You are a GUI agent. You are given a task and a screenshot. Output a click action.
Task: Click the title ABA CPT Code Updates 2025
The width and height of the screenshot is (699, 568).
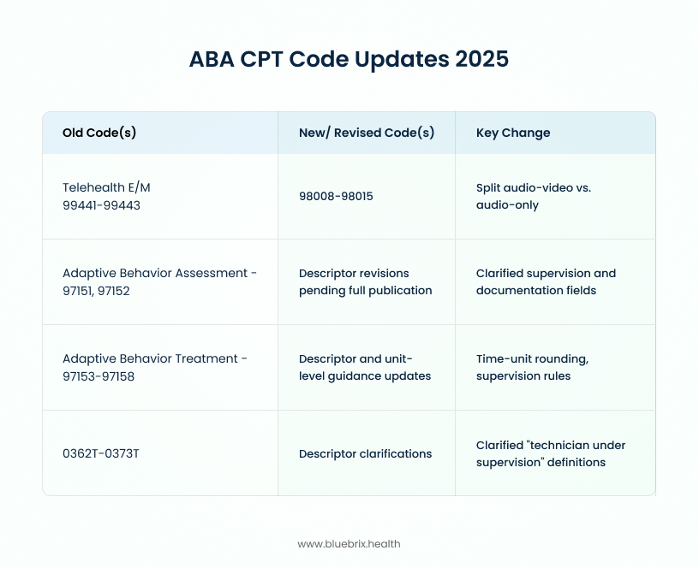coord(349,59)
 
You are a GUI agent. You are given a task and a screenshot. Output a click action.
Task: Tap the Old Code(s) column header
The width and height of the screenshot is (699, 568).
coord(99,133)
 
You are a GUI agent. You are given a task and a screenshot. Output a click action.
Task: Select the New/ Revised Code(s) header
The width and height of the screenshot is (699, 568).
coord(367,133)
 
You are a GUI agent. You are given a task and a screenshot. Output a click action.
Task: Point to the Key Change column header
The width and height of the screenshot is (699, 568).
coord(513,133)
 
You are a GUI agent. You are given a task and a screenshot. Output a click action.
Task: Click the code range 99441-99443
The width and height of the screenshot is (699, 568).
coord(101,205)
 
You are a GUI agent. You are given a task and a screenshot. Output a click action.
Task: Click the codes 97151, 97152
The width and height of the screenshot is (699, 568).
coord(96,291)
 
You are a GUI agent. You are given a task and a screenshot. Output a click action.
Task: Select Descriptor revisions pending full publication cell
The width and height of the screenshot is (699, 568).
coord(365,281)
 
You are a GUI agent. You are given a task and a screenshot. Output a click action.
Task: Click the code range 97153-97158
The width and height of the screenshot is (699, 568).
coord(98,376)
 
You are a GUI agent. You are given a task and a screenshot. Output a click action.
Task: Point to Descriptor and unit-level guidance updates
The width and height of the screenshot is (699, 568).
coord(365,367)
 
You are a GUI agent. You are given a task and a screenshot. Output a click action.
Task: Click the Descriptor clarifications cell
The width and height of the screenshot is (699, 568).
coord(365,453)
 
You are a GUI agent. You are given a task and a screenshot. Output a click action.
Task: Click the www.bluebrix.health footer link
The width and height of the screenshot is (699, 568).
coord(349,544)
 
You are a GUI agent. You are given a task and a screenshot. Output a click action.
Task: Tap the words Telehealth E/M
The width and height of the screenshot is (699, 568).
coord(106,187)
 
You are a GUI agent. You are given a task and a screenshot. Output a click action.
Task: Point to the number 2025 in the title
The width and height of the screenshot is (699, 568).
coord(482,59)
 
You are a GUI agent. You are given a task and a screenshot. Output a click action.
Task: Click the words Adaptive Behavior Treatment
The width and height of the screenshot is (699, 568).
coord(150,358)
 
